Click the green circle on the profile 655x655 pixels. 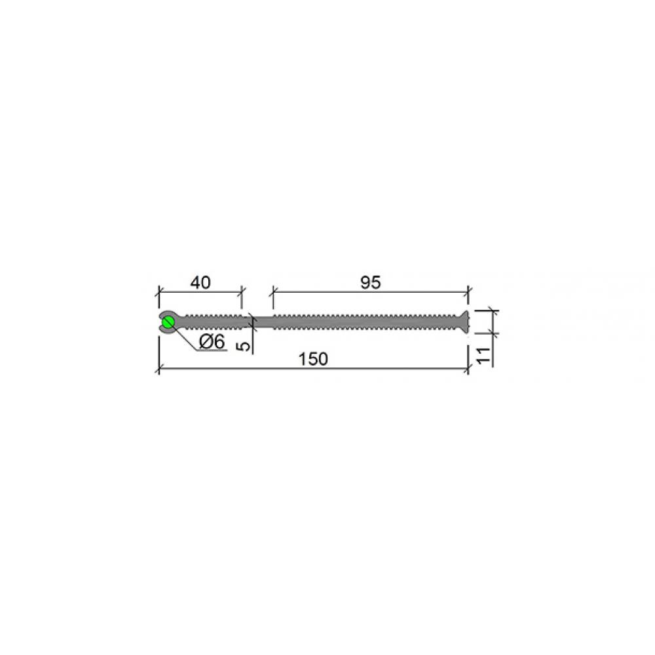point(168,322)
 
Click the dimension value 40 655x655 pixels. point(200,283)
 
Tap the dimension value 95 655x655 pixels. point(371,283)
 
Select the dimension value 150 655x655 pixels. point(313,359)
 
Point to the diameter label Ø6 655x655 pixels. point(212,342)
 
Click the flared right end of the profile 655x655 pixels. point(464,322)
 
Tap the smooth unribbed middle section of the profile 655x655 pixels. point(263,322)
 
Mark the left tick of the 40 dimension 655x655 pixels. point(159,291)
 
